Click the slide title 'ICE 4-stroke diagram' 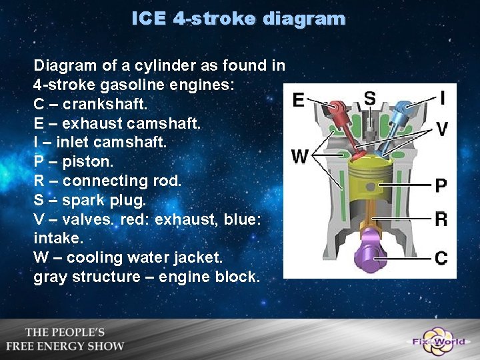click(x=239, y=19)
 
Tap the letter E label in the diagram click(x=299, y=100)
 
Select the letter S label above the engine click(x=369, y=98)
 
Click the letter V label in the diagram click(x=442, y=129)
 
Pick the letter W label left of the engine click(x=300, y=157)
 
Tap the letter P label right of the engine click(x=441, y=185)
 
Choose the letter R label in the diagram click(x=441, y=219)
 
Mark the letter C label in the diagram click(x=441, y=257)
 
